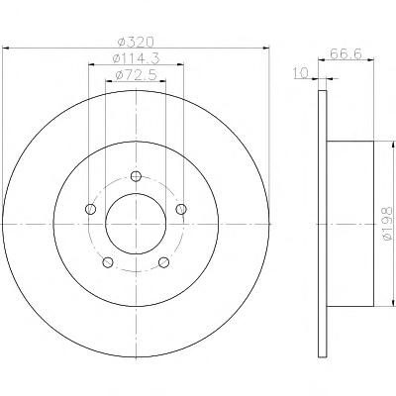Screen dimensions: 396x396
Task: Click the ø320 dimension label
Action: point(136,42)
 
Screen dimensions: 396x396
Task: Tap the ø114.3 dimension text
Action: point(136,58)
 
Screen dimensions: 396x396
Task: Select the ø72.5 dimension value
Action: point(136,75)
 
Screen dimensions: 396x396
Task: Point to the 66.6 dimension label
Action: point(346,53)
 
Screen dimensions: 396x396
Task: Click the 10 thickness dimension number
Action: point(300,72)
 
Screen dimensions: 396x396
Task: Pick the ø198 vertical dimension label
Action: point(388,224)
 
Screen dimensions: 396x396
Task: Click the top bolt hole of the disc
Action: point(136,176)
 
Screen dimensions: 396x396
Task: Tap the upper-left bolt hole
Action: point(90,209)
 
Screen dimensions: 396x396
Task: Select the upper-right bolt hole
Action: point(181,209)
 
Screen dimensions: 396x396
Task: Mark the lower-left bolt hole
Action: point(108,262)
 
